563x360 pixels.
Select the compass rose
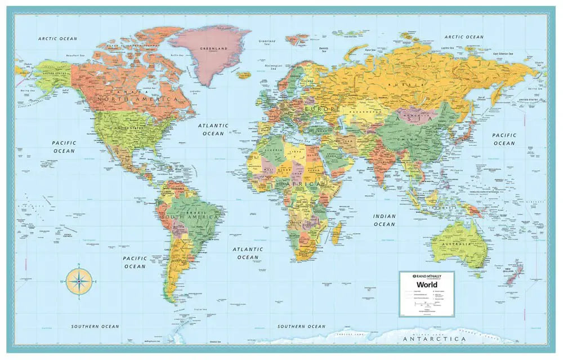tap(79, 281)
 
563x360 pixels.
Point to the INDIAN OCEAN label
tap(385, 220)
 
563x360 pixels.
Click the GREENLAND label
tap(214, 49)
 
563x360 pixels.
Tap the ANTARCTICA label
tap(434, 339)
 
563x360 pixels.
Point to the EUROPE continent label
tap(321, 108)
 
